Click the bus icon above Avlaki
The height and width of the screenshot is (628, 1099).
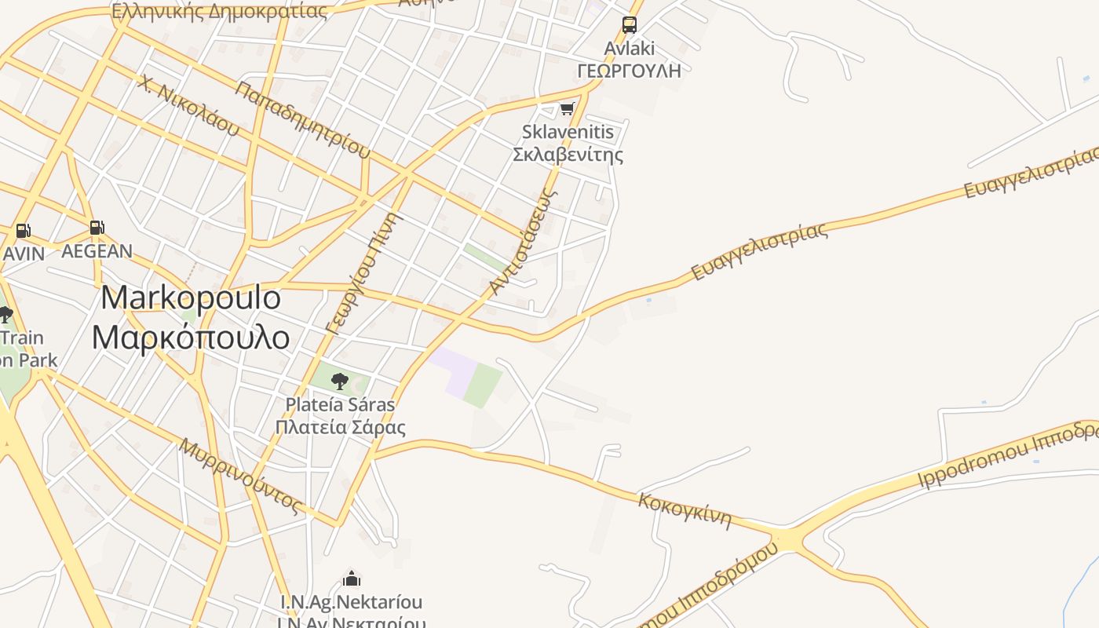click(x=630, y=24)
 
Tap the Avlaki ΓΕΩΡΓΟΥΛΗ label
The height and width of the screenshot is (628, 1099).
click(x=629, y=60)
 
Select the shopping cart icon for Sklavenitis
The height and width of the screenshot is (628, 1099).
click(x=567, y=108)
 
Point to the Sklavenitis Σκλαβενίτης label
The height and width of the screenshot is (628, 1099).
click(x=568, y=143)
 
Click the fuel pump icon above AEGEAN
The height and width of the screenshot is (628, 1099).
click(x=97, y=228)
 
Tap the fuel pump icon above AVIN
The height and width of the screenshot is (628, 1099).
click(x=23, y=231)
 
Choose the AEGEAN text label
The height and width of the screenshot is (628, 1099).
click(x=97, y=251)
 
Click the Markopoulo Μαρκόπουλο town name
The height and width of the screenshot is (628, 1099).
click(x=191, y=317)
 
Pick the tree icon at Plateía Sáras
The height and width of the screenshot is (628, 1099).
click(x=339, y=382)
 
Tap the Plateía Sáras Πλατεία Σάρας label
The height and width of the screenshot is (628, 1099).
click(x=340, y=416)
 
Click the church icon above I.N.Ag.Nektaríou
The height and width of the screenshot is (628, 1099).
click(x=352, y=579)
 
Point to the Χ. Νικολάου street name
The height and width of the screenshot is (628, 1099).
click(x=187, y=105)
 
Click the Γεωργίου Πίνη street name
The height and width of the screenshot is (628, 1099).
click(x=363, y=273)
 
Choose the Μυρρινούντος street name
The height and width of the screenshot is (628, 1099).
click(x=241, y=476)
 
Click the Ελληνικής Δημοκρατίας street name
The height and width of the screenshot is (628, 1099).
click(x=219, y=11)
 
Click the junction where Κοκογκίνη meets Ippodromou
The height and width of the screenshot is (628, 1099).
click(x=785, y=541)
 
